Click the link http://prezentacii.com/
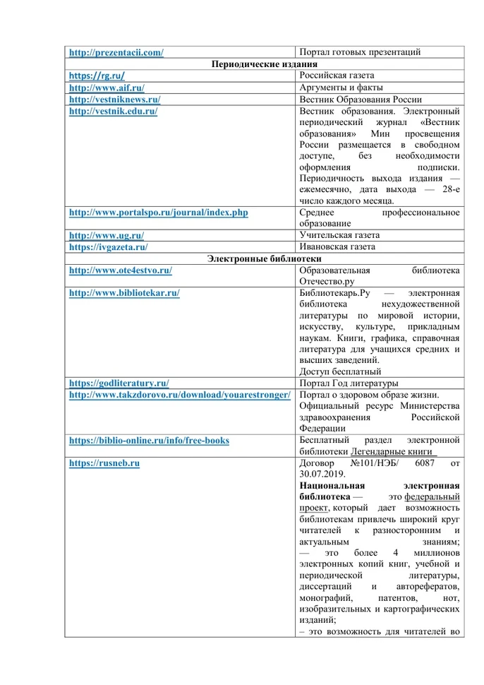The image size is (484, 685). pyautogui.click(x=116, y=52)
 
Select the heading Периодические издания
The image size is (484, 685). pyautogui.click(x=264, y=64)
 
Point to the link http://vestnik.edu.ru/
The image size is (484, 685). pyautogui.click(x=113, y=112)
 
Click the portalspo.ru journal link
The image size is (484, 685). pyautogui.click(x=158, y=212)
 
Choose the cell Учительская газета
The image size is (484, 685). pyautogui.click(x=339, y=235)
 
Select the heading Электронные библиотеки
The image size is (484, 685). pyautogui.click(x=264, y=258)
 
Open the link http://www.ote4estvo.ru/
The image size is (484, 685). pyautogui.click(x=121, y=270)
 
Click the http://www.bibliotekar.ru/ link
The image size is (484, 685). pyautogui.click(x=124, y=293)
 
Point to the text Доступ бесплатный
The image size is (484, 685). pyautogui.click(x=340, y=371)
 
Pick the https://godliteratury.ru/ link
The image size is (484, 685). pyautogui.click(x=119, y=383)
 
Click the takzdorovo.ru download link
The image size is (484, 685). pyautogui.click(x=179, y=395)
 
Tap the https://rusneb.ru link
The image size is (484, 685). pyautogui.click(x=104, y=463)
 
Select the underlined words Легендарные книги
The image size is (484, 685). pyautogui.click(x=396, y=452)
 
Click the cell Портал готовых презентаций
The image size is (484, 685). pyautogui.click(x=360, y=52)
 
